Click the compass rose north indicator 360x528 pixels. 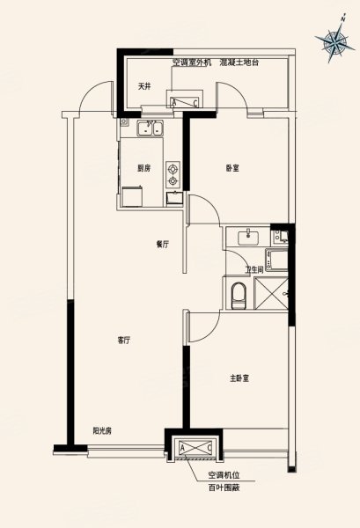click(335, 40)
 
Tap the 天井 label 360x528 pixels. click(143, 86)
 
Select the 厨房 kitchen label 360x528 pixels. click(143, 168)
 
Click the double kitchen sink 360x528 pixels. click(151, 128)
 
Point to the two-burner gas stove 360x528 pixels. click(173, 174)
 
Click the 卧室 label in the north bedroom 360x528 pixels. click(232, 168)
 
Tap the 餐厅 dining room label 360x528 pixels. click(162, 245)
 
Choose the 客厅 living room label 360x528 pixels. click(123, 341)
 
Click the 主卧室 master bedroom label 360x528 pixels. click(239, 378)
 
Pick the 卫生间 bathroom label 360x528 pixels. click(254, 269)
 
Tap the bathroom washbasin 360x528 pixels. click(249, 238)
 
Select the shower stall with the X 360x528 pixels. click(271, 293)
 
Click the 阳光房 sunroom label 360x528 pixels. click(102, 430)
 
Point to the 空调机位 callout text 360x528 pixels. click(224, 475)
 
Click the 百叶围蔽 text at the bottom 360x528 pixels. click(224, 488)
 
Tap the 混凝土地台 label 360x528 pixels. click(239, 62)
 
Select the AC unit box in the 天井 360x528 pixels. click(184, 102)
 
